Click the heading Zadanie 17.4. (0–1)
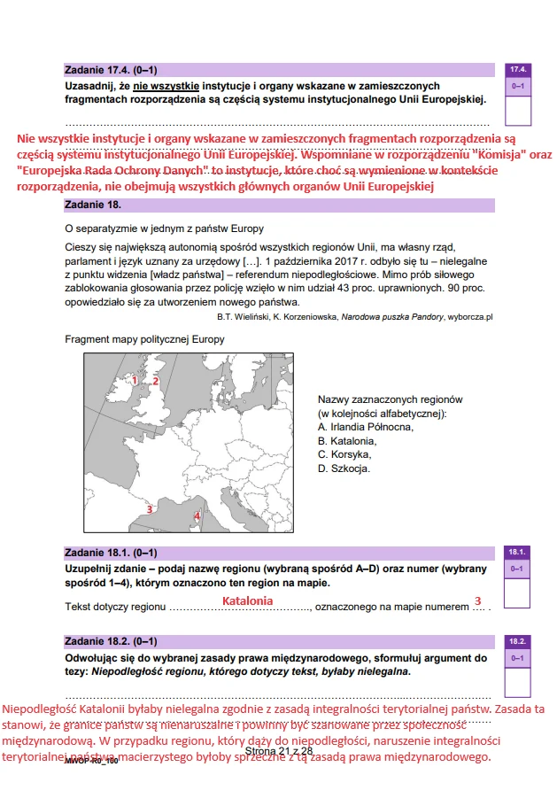111,69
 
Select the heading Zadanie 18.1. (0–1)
111,553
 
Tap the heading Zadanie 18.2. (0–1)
111,641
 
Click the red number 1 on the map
135,381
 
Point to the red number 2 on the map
155,381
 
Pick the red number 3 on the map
150,509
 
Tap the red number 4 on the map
197,515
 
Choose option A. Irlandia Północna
365,427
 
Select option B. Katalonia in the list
346,441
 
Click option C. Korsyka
344,454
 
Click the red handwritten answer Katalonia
247,600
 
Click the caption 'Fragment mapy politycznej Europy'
144,339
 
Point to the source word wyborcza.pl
469,315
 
